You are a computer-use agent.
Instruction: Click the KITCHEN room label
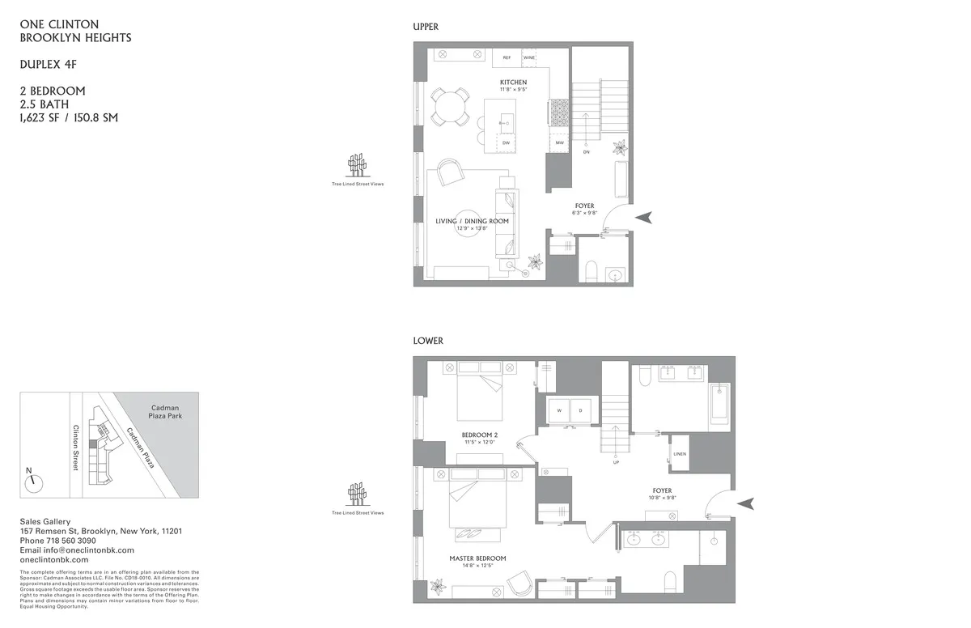[x=513, y=83]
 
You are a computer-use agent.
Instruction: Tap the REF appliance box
[x=507, y=58]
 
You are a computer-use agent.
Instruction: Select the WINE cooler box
[x=529, y=58]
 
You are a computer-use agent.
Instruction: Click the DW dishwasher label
[x=506, y=142]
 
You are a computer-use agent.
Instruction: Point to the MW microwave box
[x=559, y=142]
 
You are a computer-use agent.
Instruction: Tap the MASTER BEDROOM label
[x=477, y=558]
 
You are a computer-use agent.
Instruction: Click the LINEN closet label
[x=680, y=454]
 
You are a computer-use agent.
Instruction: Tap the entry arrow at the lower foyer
[x=747, y=503]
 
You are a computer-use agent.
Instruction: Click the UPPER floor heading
[x=426, y=27]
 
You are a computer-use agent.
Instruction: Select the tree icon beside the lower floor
[x=356, y=494]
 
